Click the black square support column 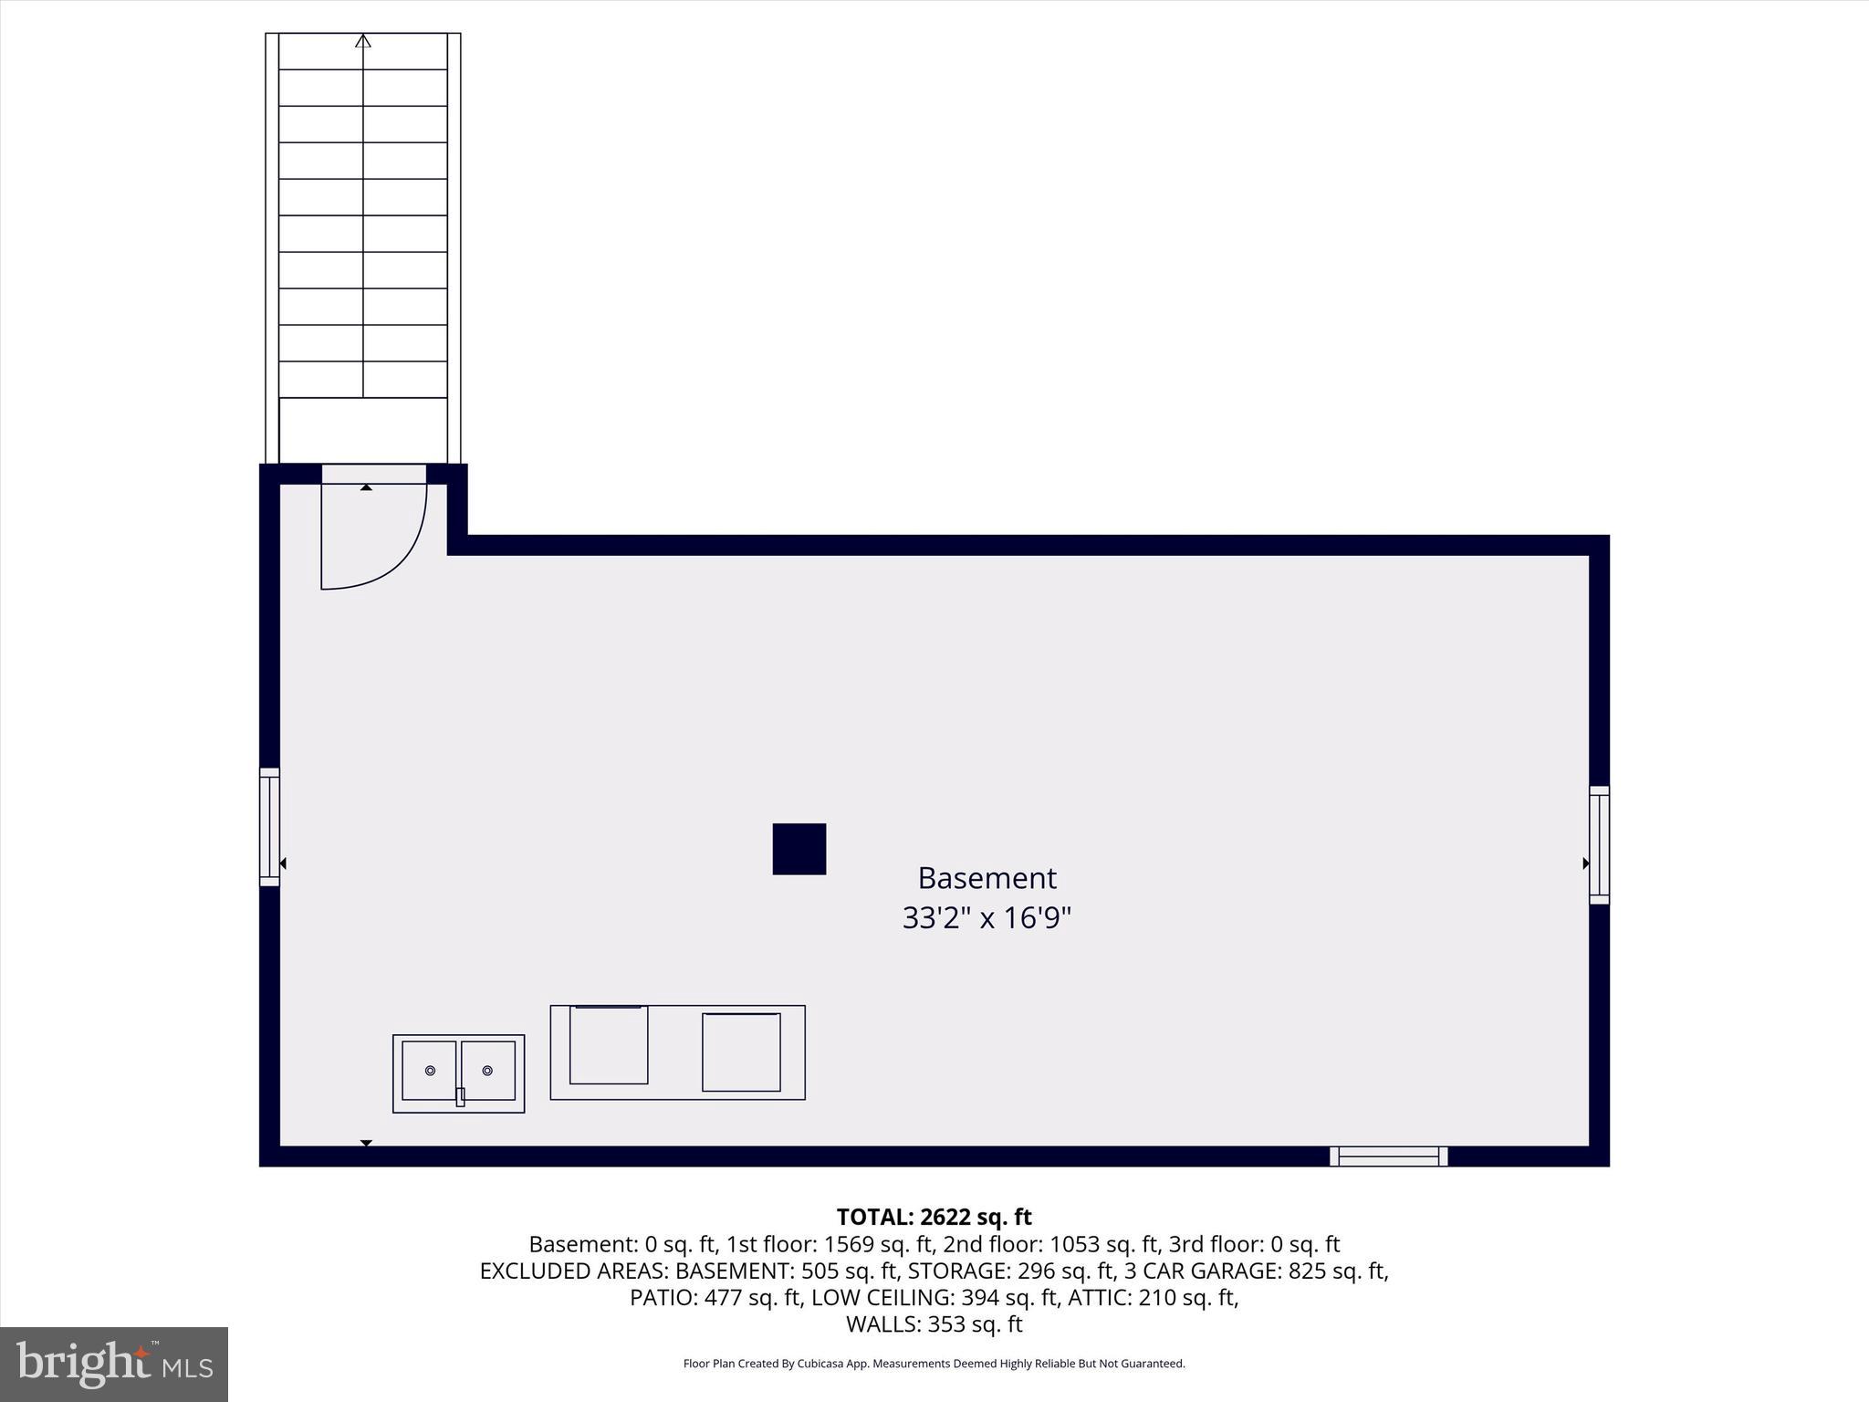point(799,849)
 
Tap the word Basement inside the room point(987,878)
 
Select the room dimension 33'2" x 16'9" point(986,917)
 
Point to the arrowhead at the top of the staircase point(363,40)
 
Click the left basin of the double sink point(429,1071)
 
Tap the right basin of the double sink point(488,1071)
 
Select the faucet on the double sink point(460,1097)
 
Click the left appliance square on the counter point(609,1044)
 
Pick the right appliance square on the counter point(741,1051)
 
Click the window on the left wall point(269,827)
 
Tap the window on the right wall point(1599,845)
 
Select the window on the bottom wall point(1388,1156)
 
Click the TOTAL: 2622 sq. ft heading point(934,1217)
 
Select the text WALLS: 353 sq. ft point(934,1324)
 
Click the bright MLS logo point(114,1364)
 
